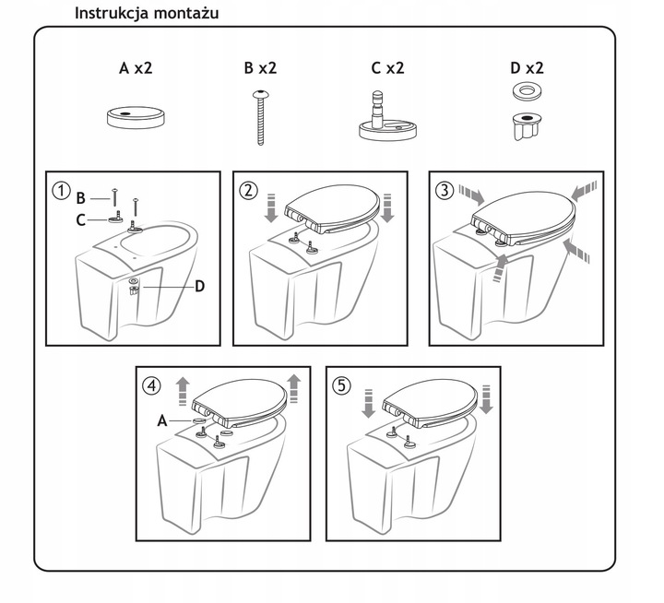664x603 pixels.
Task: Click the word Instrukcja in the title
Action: pos(112,13)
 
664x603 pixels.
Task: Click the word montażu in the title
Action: pos(186,13)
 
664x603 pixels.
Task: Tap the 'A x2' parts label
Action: pos(136,67)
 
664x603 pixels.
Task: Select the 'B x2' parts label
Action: pos(260,67)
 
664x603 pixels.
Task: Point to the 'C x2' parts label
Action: pos(387,67)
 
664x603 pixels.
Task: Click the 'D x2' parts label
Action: pos(527,67)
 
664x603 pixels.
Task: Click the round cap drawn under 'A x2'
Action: pos(136,117)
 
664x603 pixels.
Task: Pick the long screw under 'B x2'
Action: pos(261,118)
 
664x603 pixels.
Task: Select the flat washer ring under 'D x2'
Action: pos(527,91)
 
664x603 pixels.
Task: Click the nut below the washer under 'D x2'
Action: pos(526,125)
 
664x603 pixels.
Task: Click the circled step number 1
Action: pos(61,191)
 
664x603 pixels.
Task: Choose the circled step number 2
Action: pos(249,191)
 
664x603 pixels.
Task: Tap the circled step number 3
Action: pos(445,191)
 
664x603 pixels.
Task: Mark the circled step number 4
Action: pos(152,385)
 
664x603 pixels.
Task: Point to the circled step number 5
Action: pos(342,385)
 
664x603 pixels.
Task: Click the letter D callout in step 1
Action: pos(199,287)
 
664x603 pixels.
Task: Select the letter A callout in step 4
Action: pos(162,421)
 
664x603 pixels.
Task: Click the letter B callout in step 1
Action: pos(81,197)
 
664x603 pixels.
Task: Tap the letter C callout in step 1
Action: pos(81,220)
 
